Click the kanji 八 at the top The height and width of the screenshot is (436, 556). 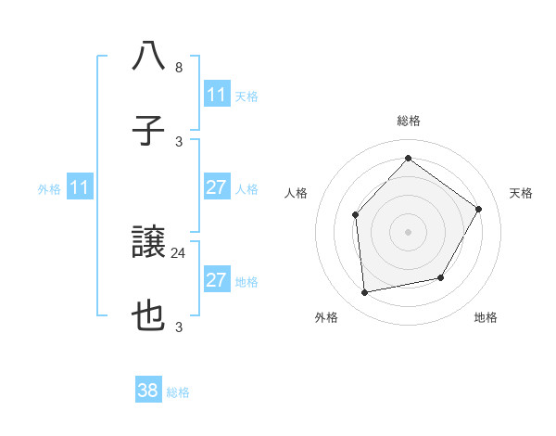coord(148,57)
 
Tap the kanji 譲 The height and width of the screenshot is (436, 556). coord(148,243)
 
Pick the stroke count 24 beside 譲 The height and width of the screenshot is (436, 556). coord(179,252)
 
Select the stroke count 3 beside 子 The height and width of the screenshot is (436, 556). coord(178,142)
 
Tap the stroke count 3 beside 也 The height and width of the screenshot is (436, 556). coord(178,327)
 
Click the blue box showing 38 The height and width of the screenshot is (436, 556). coord(148,391)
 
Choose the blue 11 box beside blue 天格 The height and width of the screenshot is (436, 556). coord(216,95)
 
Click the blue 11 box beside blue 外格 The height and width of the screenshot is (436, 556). coord(80,187)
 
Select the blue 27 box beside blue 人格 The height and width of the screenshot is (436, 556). coord(216,187)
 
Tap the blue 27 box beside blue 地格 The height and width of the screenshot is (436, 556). coord(216,280)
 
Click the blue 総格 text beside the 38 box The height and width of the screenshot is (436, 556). coord(178,392)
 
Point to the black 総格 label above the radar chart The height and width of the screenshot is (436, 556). coord(408,121)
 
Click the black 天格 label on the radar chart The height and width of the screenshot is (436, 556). coord(521,193)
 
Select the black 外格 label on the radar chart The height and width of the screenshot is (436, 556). coord(326,318)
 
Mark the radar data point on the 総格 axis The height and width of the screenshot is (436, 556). coord(408,158)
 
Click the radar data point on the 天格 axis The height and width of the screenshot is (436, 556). coord(478,209)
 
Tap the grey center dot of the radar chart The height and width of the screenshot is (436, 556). coord(408,231)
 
